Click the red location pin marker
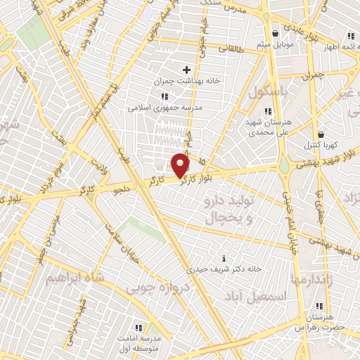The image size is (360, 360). (181, 167)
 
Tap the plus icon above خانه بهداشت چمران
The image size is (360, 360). (186, 69)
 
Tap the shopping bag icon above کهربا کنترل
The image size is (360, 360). (321, 134)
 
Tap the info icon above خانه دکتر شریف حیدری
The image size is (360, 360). (224, 258)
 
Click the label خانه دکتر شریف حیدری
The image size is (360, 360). (224, 269)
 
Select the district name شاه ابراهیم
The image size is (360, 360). (75, 278)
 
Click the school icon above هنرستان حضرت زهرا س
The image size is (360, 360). (320, 306)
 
